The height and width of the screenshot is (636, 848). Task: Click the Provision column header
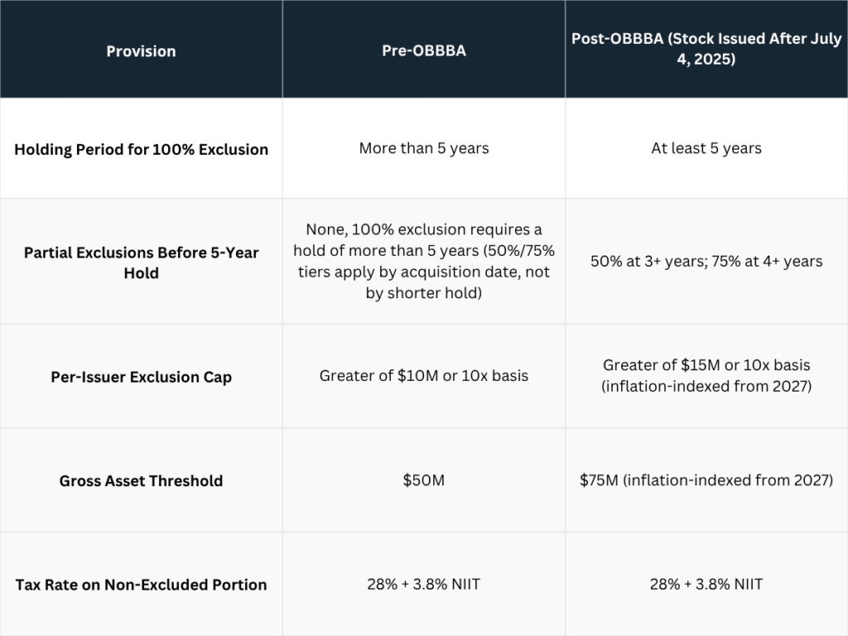point(141,51)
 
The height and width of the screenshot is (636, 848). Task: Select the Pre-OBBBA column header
point(424,51)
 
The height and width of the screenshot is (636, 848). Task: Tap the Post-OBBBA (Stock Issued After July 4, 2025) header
point(706,49)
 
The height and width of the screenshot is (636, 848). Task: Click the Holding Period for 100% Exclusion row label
point(141,149)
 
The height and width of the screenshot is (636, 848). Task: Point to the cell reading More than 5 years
point(424,148)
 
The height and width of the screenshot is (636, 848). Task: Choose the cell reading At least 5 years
point(706,148)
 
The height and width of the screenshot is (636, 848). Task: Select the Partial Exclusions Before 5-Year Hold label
point(141,263)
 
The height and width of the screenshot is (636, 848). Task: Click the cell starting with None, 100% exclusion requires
point(424,261)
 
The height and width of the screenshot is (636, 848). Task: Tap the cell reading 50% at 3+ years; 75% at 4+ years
point(706,261)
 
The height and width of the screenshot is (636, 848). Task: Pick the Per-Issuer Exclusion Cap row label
point(141,377)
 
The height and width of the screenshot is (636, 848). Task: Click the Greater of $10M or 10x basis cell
point(424,375)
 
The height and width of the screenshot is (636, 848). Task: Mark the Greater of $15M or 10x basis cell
point(706,375)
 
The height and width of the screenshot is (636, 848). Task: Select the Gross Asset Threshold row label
point(141,481)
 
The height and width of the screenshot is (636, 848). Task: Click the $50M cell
point(424,479)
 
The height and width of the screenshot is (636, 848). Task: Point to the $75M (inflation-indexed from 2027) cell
point(706,480)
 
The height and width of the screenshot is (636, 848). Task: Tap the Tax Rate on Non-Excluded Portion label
point(141,585)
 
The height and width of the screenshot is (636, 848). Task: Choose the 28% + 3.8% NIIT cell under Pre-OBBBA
point(424,584)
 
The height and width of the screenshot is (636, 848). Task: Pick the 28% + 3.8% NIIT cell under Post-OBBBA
point(706,584)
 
